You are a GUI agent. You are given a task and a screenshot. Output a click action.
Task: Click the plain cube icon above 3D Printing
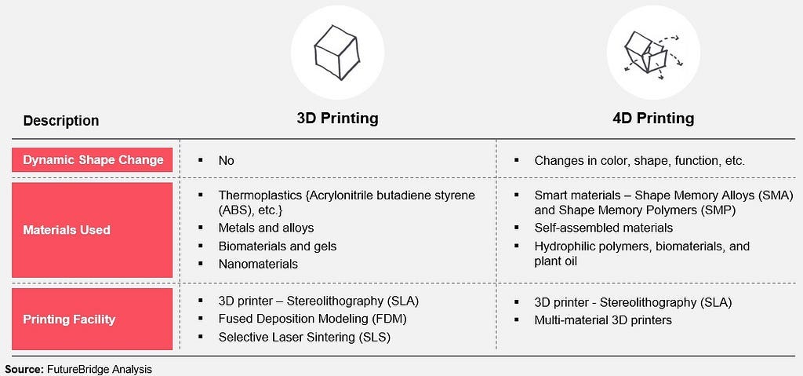[x=337, y=52]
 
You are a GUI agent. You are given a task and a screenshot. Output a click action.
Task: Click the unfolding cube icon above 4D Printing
[x=652, y=53]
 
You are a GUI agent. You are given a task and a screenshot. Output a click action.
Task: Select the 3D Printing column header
[x=337, y=119]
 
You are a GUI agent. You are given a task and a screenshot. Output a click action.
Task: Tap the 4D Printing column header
[x=653, y=119]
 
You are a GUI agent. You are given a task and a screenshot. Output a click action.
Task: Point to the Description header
[x=61, y=121]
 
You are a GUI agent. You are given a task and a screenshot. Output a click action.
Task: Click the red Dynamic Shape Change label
[x=93, y=160]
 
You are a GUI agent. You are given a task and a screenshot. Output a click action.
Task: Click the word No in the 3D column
[x=227, y=161]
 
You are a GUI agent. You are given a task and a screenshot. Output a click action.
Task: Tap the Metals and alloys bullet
[x=266, y=228]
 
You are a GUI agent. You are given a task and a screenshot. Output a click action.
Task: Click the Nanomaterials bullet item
[x=258, y=264]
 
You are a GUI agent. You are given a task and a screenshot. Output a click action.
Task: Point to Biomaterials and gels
[x=278, y=246]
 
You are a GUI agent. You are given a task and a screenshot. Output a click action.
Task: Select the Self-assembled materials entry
[x=603, y=228]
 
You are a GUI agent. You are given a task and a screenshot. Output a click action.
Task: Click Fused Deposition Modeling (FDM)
[x=312, y=319]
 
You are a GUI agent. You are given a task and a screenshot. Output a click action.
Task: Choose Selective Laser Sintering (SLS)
[x=304, y=337]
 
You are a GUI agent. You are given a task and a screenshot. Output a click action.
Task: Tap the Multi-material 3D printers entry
[x=603, y=320]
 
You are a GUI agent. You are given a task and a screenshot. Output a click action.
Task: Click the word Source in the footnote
[x=22, y=369]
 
